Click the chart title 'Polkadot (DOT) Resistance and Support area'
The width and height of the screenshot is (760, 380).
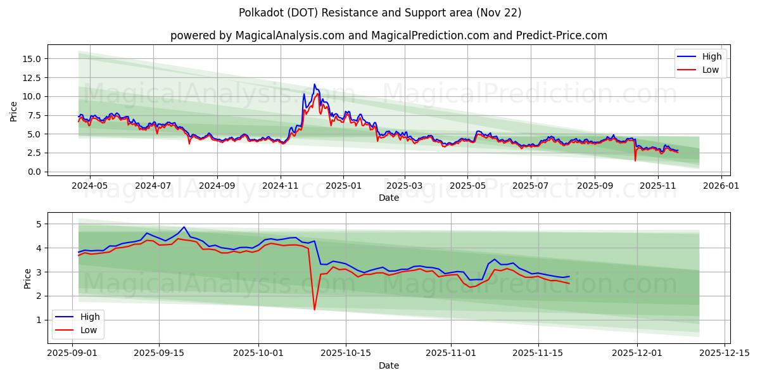point(380,13)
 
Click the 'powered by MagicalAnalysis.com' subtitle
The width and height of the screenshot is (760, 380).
point(388,35)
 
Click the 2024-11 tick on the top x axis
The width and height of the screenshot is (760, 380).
point(280,186)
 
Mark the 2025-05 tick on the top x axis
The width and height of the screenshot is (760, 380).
point(467,186)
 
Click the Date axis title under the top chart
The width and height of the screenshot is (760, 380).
point(388,198)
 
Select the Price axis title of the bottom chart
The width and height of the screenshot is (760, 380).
point(27,278)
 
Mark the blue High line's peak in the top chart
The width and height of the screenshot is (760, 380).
point(314,84)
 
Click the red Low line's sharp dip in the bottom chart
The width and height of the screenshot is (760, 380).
point(314,310)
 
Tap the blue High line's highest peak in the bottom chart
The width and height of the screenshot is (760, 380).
point(184,227)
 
